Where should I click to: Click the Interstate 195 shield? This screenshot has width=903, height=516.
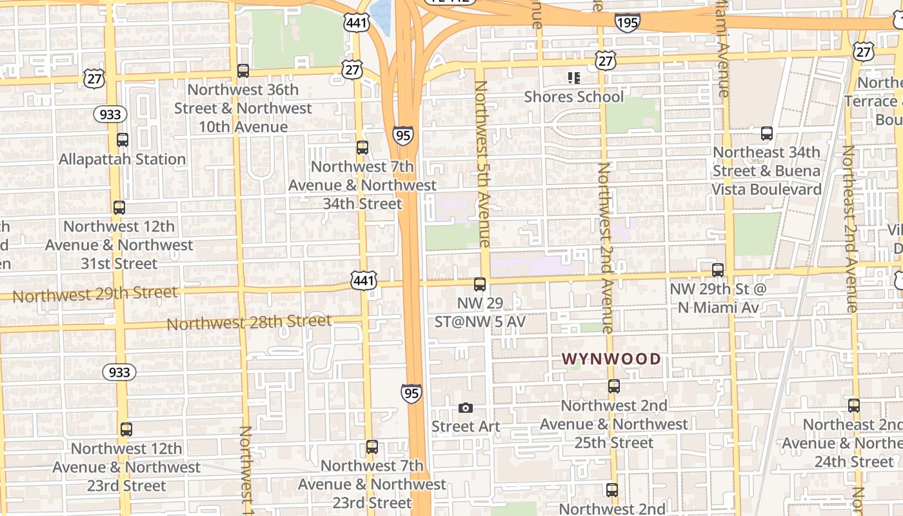(x=627, y=23)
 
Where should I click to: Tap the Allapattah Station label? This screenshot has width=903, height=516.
(x=123, y=159)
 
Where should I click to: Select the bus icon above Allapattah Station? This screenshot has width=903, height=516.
(x=123, y=139)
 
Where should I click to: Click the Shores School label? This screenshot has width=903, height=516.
(x=573, y=97)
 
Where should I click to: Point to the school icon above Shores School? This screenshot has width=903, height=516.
(x=573, y=78)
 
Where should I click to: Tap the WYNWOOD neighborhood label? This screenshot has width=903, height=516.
(x=611, y=359)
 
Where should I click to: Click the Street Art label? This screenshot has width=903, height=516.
(x=466, y=426)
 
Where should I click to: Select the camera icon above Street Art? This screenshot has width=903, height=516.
(x=466, y=408)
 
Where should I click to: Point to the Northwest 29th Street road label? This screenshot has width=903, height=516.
(x=95, y=294)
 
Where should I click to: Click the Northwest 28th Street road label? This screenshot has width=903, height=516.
(x=249, y=322)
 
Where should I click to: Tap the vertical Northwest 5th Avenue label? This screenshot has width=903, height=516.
(x=482, y=164)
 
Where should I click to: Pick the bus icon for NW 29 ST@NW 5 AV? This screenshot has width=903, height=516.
(x=480, y=284)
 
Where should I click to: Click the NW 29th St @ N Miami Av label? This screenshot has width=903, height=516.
(x=718, y=298)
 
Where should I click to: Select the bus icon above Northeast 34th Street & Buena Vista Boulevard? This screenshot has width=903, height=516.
(x=767, y=134)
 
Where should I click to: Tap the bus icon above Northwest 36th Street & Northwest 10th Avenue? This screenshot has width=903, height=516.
(x=243, y=71)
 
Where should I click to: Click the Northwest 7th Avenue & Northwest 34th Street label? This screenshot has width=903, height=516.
(x=362, y=185)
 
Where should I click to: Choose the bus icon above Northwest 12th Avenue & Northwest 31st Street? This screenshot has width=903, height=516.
(x=119, y=208)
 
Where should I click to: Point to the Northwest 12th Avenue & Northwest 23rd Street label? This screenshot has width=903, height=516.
(x=126, y=467)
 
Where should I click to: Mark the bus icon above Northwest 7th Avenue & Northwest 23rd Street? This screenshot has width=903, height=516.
(x=372, y=447)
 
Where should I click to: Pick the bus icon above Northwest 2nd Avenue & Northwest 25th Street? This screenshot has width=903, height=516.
(x=614, y=386)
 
